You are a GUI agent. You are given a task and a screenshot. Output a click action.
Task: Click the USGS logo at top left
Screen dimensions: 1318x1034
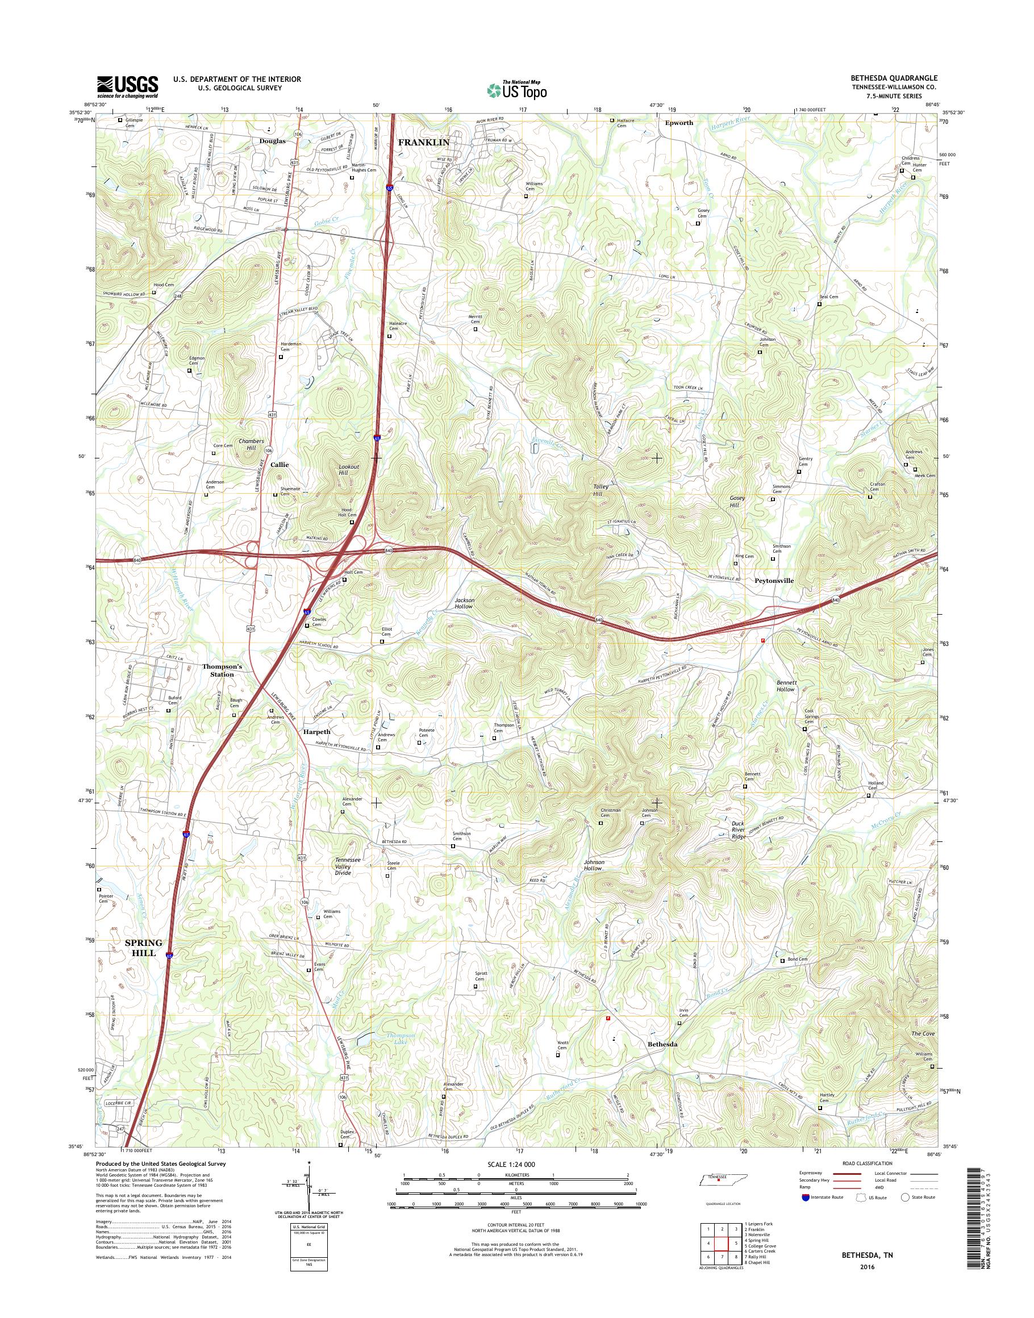point(127,86)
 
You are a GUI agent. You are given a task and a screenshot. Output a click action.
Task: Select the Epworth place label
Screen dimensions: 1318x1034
point(679,123)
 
